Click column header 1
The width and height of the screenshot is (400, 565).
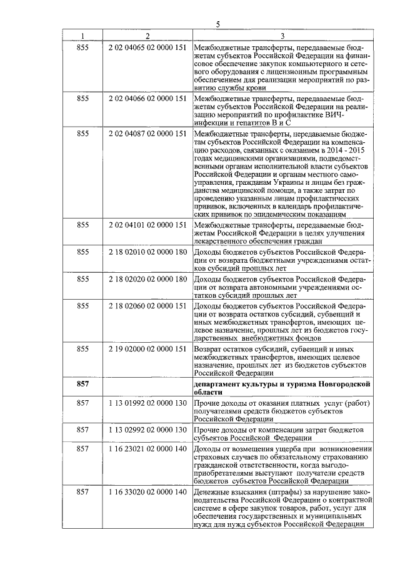pyautogui.click(x=82, y=36)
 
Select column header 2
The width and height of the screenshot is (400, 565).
pyautogui.click(x=147, y=36)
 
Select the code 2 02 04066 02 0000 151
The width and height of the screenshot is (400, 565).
pyautogui.click(x=147, y=99)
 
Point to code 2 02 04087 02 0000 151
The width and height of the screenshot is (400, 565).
pyautogui.click(x=147, y=134)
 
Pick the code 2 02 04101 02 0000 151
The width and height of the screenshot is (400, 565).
pyautogui.click(x=147, y=224)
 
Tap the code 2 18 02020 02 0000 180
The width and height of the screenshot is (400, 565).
pyautogui.click(x=147, y=278)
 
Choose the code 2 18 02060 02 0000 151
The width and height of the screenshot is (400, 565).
pyautogui.click(x=147, y=306)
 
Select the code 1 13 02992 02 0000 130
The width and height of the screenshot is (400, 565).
pyautogui.click(x=147, y=430)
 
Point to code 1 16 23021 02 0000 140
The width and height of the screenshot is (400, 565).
pyautogui.click(x=147, y=449)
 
